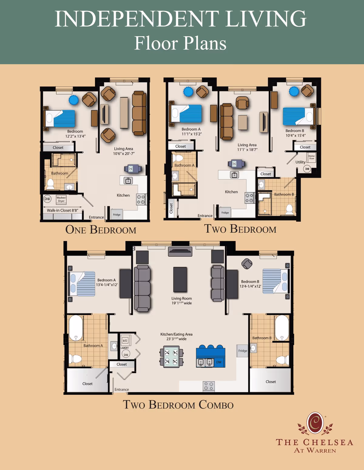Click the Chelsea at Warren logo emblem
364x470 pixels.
click(x=315, y=423)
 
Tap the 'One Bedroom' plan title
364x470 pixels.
click(x=101, y=230)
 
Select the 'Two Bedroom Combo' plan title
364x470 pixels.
click(x=178, y=405)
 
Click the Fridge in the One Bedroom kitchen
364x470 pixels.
click(x=117, y=214)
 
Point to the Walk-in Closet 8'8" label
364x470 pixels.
click(x=62, y=210)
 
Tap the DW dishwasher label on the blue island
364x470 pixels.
click(x=219, y=362)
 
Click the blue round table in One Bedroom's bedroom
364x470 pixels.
click(x=73, y=100)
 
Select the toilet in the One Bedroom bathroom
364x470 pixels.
click(x=50, y=184)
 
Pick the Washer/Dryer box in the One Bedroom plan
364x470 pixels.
click(x=61, y=199)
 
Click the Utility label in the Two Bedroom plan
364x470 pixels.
click(x=300, y=162)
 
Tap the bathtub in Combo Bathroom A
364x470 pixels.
click(x=76, y=328)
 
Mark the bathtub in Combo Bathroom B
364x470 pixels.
click(x=281, y=328)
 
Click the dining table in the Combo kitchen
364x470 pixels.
click(x=171, y=357)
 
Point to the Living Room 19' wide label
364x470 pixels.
click(x=181, y=301)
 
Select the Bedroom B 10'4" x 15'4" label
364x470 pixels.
click(x=295, y=133)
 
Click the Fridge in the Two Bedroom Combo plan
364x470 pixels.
click(x=242, y=351)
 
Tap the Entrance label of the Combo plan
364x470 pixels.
click(x=122, y=389)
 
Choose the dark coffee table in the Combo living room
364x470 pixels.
click(x=180, y=279)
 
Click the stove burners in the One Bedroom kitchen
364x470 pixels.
click(x=140, y=199)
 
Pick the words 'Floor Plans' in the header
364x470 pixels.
click(x=180, y=43)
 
